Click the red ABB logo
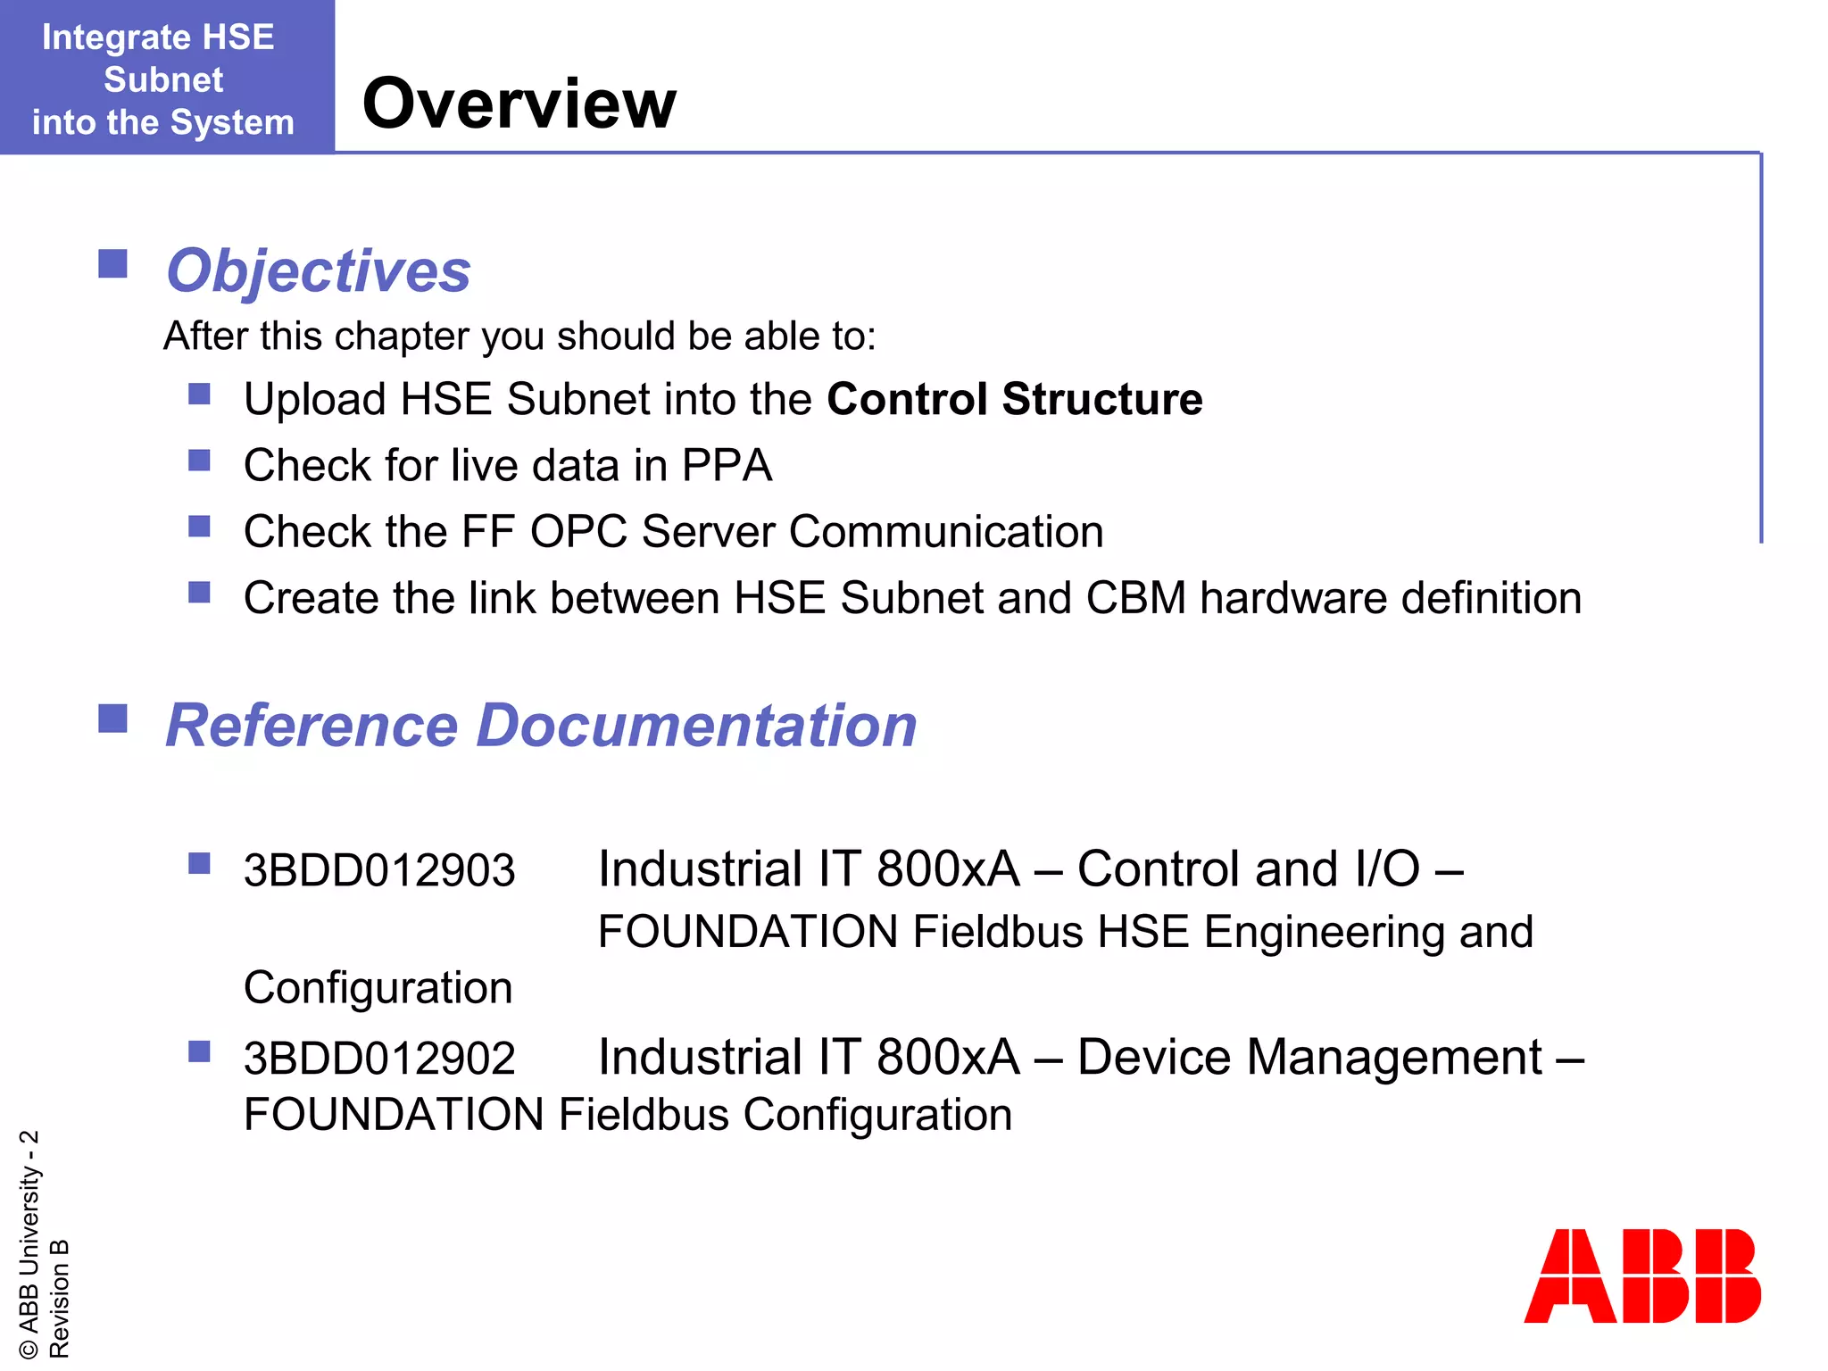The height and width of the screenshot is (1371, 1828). click(1641, 1275)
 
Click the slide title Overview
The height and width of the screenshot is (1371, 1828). click(519, 104)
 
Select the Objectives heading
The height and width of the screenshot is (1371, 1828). click(318, 271)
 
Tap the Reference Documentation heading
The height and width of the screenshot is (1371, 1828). click(541, 725)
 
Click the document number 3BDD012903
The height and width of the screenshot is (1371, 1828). click(379, 870)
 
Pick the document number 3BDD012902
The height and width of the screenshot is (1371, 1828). click(379, 1059)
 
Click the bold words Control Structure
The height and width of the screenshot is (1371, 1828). click(1014, 399)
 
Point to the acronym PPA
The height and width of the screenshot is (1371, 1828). click(727, 466)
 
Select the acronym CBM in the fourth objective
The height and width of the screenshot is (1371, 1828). click(1135, 598)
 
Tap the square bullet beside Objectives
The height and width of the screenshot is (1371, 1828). click(112, 264)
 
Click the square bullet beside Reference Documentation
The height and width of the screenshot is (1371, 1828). click(112, 718)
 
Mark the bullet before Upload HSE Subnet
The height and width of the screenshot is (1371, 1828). click(199, 394)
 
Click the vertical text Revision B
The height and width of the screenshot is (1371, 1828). click(59, 1298)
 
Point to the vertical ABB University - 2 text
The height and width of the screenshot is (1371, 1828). click(29, 1244)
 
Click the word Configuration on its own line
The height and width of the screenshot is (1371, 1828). click(378, 988)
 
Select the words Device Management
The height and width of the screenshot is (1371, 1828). click(1309, 1058)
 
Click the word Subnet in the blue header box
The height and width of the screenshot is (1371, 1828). click(163, 80)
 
